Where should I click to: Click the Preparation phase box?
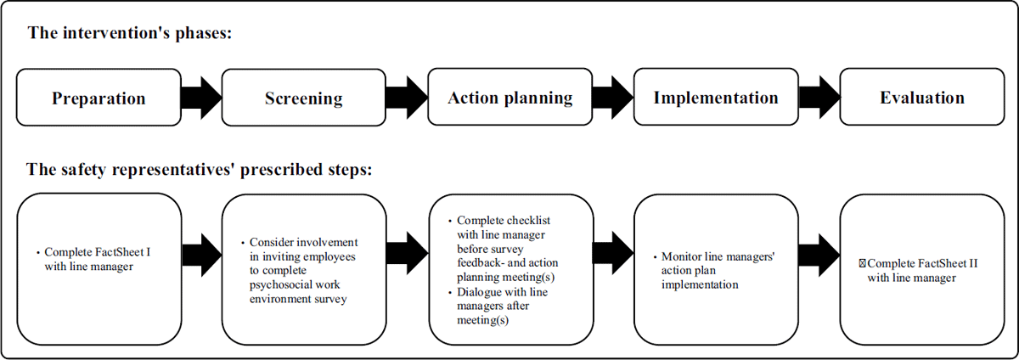tap(99, 98)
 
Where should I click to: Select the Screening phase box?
tap(304, 98)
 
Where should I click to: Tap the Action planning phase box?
tap(510, 97)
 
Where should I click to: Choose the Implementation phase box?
tap(716, 97)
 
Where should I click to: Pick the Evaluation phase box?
tap(922, 97)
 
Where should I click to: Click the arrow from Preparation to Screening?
tap(201, 98)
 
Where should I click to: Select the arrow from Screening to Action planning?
tap(407, 98)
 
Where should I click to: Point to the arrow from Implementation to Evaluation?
tap(819, 98)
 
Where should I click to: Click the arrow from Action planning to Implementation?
tap(613, 98)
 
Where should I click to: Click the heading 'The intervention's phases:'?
tap(130, 33)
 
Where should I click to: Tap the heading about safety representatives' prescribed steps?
tap(200, 169)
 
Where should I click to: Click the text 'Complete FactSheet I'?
tap(98, 252)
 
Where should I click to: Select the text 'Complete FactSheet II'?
tap(922, 263)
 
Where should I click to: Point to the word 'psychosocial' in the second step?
tap(295, 285)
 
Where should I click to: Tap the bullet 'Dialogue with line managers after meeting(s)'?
tap(502, 306)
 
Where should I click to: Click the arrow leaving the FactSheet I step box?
tap(202, 256)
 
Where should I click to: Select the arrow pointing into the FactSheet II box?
tap(819, 256)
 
